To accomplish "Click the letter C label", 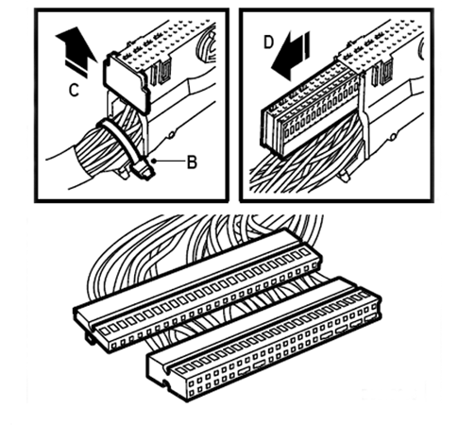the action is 74,91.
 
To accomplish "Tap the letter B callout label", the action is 192,162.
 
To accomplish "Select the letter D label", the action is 268,42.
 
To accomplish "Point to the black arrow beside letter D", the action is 290,57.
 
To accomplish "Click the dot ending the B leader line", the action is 154,161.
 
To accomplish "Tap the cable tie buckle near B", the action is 143,169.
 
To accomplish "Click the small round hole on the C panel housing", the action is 172,135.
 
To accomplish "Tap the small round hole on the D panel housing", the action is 393,137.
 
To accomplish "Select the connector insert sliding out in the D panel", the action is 310,109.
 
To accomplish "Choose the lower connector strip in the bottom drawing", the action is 263,340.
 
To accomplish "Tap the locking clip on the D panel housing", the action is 382,73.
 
